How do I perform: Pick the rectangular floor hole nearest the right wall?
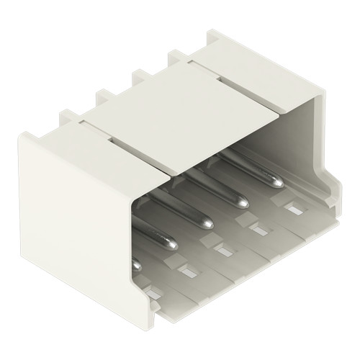295,210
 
